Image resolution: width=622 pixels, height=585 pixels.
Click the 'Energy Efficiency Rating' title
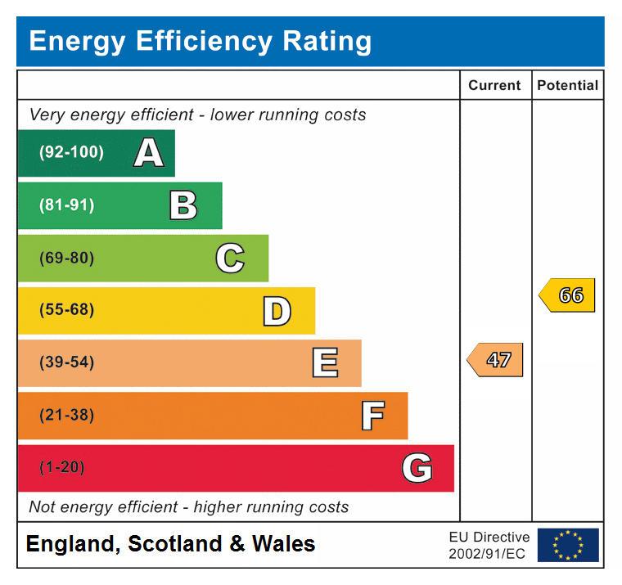pyautogui.click(x=201, y=41)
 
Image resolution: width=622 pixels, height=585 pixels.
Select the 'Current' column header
pyautogui.click(x=494, y=85)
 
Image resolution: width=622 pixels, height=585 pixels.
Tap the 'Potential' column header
pyautogui.click(x=568, y=85)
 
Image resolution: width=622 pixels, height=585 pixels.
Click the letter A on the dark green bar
pyautogui.click(x=148, y=153)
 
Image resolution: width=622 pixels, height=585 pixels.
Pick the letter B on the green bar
pyautogui.click(x=183, y=205)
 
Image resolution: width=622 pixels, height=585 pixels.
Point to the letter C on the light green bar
pyautogui.click(x=230, y=259)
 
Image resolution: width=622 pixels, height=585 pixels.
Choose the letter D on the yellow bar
pyautogui.click(x=277, y=311)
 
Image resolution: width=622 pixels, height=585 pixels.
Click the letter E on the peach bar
pyautogui.click(x=325, y=363)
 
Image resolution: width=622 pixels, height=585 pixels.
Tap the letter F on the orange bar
pyautogui.click(x=372, y=416)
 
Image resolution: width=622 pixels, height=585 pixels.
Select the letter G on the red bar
pyautogui.click(x=417, y=468)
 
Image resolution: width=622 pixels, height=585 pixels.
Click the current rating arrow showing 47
pyautogui.click(x=495, y=360)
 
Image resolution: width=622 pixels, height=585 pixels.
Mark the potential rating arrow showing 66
pyautogui.click(x=567, y=295)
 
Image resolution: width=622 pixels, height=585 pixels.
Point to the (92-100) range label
pyautogui.click(x=71, y=153)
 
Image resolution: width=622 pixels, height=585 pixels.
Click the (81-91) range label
pyautogui.click(x=66, y=205)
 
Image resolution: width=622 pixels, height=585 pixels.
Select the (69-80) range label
pyautogui.click(x=66, y=259)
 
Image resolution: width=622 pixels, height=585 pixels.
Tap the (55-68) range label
pyautogui.click(x=66, y=311)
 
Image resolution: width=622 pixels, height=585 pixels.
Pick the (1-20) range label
pyautogui.click(x=61, y=468)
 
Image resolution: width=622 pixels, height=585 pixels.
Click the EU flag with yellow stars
pyautogui.click(x=568, y=545)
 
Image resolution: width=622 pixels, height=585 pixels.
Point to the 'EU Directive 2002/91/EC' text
pyautogui.click(x=489, y=545)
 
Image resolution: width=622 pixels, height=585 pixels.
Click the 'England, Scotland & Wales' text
pyautogui.click(x=170, y=544)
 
